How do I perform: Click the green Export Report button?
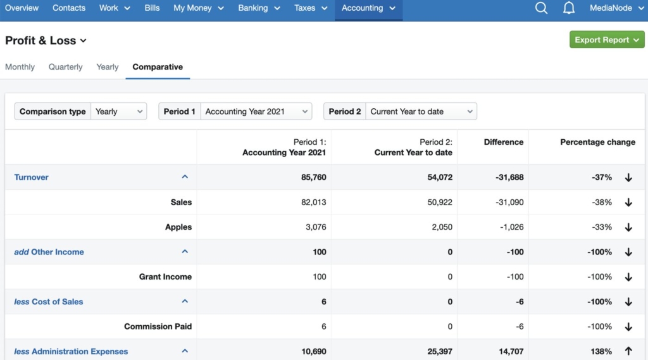point(606,40)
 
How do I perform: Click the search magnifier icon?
point(541,8)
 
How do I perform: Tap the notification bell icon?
point(569,8)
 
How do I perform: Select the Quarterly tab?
point(65,67)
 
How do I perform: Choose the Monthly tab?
point(20,67)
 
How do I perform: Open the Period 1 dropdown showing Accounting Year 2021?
point(256,111)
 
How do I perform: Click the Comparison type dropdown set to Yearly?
point(118,111)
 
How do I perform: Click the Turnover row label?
point(32,177)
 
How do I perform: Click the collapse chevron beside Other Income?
point(185,252)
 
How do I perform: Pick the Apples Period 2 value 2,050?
point(440,227)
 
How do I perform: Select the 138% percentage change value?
point(601,351)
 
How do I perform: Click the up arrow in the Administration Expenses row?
point(628,351)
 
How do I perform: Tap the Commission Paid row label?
point(158,326)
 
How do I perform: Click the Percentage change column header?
point(597,142)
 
